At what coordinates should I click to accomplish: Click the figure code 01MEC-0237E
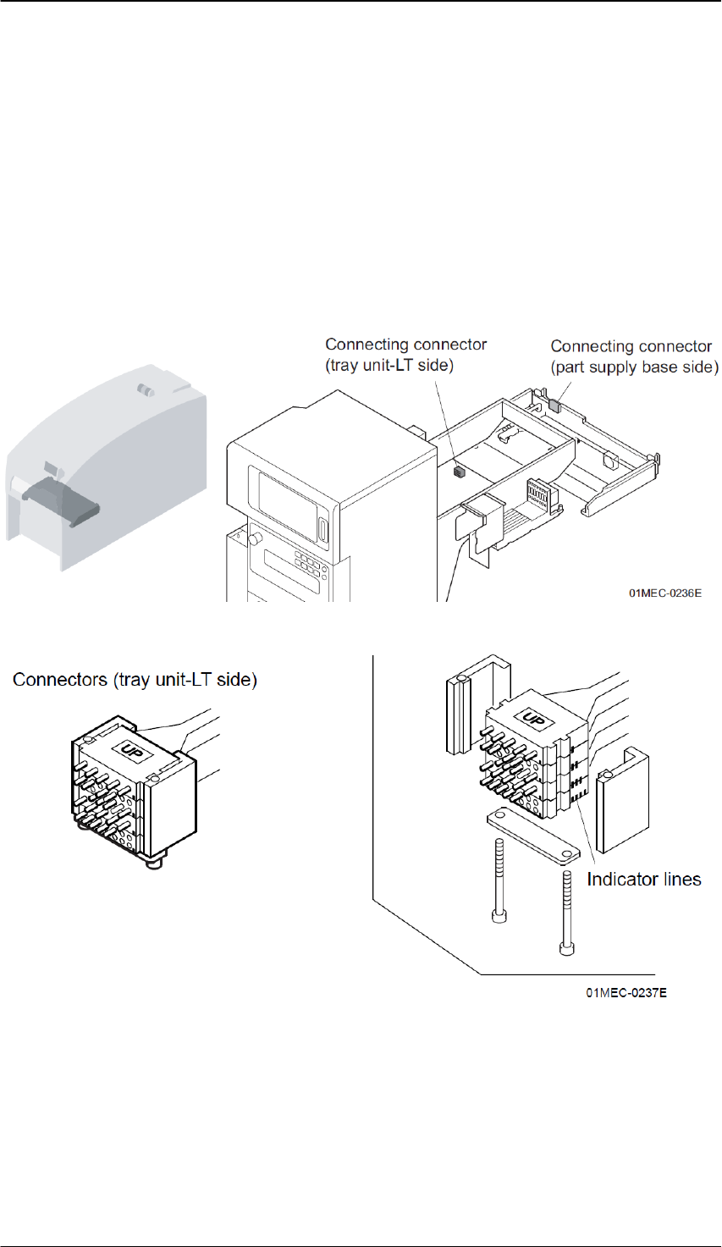point(626,992)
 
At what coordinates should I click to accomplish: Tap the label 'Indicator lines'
point(643,880)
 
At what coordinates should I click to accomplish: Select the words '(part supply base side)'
point(635,367)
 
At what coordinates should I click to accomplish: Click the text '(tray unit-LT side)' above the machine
point(389,365)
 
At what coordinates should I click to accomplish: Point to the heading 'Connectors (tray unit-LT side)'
point(135,679)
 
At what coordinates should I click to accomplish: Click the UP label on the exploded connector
point(533,720)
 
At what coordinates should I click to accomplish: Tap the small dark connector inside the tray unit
point(460,472)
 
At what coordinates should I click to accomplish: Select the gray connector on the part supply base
point(554,404)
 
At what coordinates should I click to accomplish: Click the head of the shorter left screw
point(497,916)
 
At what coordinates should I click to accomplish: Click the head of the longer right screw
point(567,946)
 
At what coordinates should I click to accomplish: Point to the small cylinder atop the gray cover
point(145,391)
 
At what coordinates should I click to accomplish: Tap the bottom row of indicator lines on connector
point(581,797)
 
